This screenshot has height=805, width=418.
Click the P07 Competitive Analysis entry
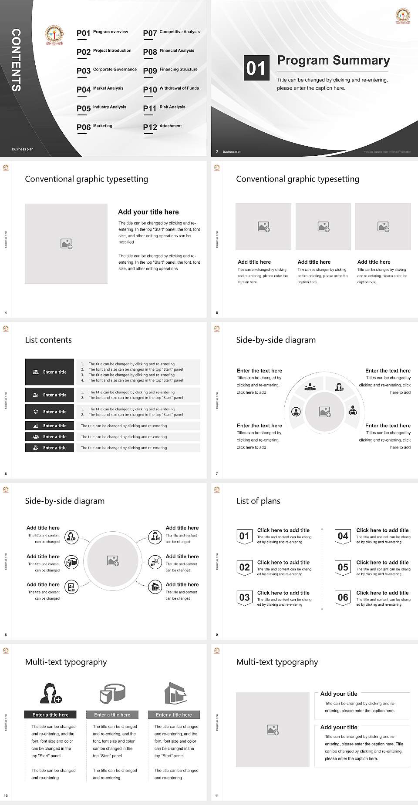tap(171, 33)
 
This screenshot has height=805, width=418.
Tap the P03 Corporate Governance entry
tap(106, 70)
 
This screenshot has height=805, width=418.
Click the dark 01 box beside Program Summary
tap(256, 68)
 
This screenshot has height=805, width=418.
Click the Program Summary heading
tap(333, 60)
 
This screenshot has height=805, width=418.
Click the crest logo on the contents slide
tap(54, 36)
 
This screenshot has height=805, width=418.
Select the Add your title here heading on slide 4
tap(148, 212)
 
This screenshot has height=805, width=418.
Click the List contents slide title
tap(48, 340)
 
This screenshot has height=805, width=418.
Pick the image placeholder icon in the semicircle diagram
tap(325, 411)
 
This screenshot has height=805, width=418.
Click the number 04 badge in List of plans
tap(343, 536)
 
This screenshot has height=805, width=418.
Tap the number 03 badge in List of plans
tap(244, 597)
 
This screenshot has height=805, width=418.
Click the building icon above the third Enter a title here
tap(175, 693)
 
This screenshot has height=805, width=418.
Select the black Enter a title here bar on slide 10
tap(51, 714)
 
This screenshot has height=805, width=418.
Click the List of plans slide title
tap(258, 501)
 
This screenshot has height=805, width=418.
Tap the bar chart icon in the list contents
tap(36, 426)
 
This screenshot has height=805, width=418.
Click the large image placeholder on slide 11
tap(273, 730)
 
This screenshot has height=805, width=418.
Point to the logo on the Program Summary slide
tap(402, 16)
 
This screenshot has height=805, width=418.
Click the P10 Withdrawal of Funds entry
tap(171, 89)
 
